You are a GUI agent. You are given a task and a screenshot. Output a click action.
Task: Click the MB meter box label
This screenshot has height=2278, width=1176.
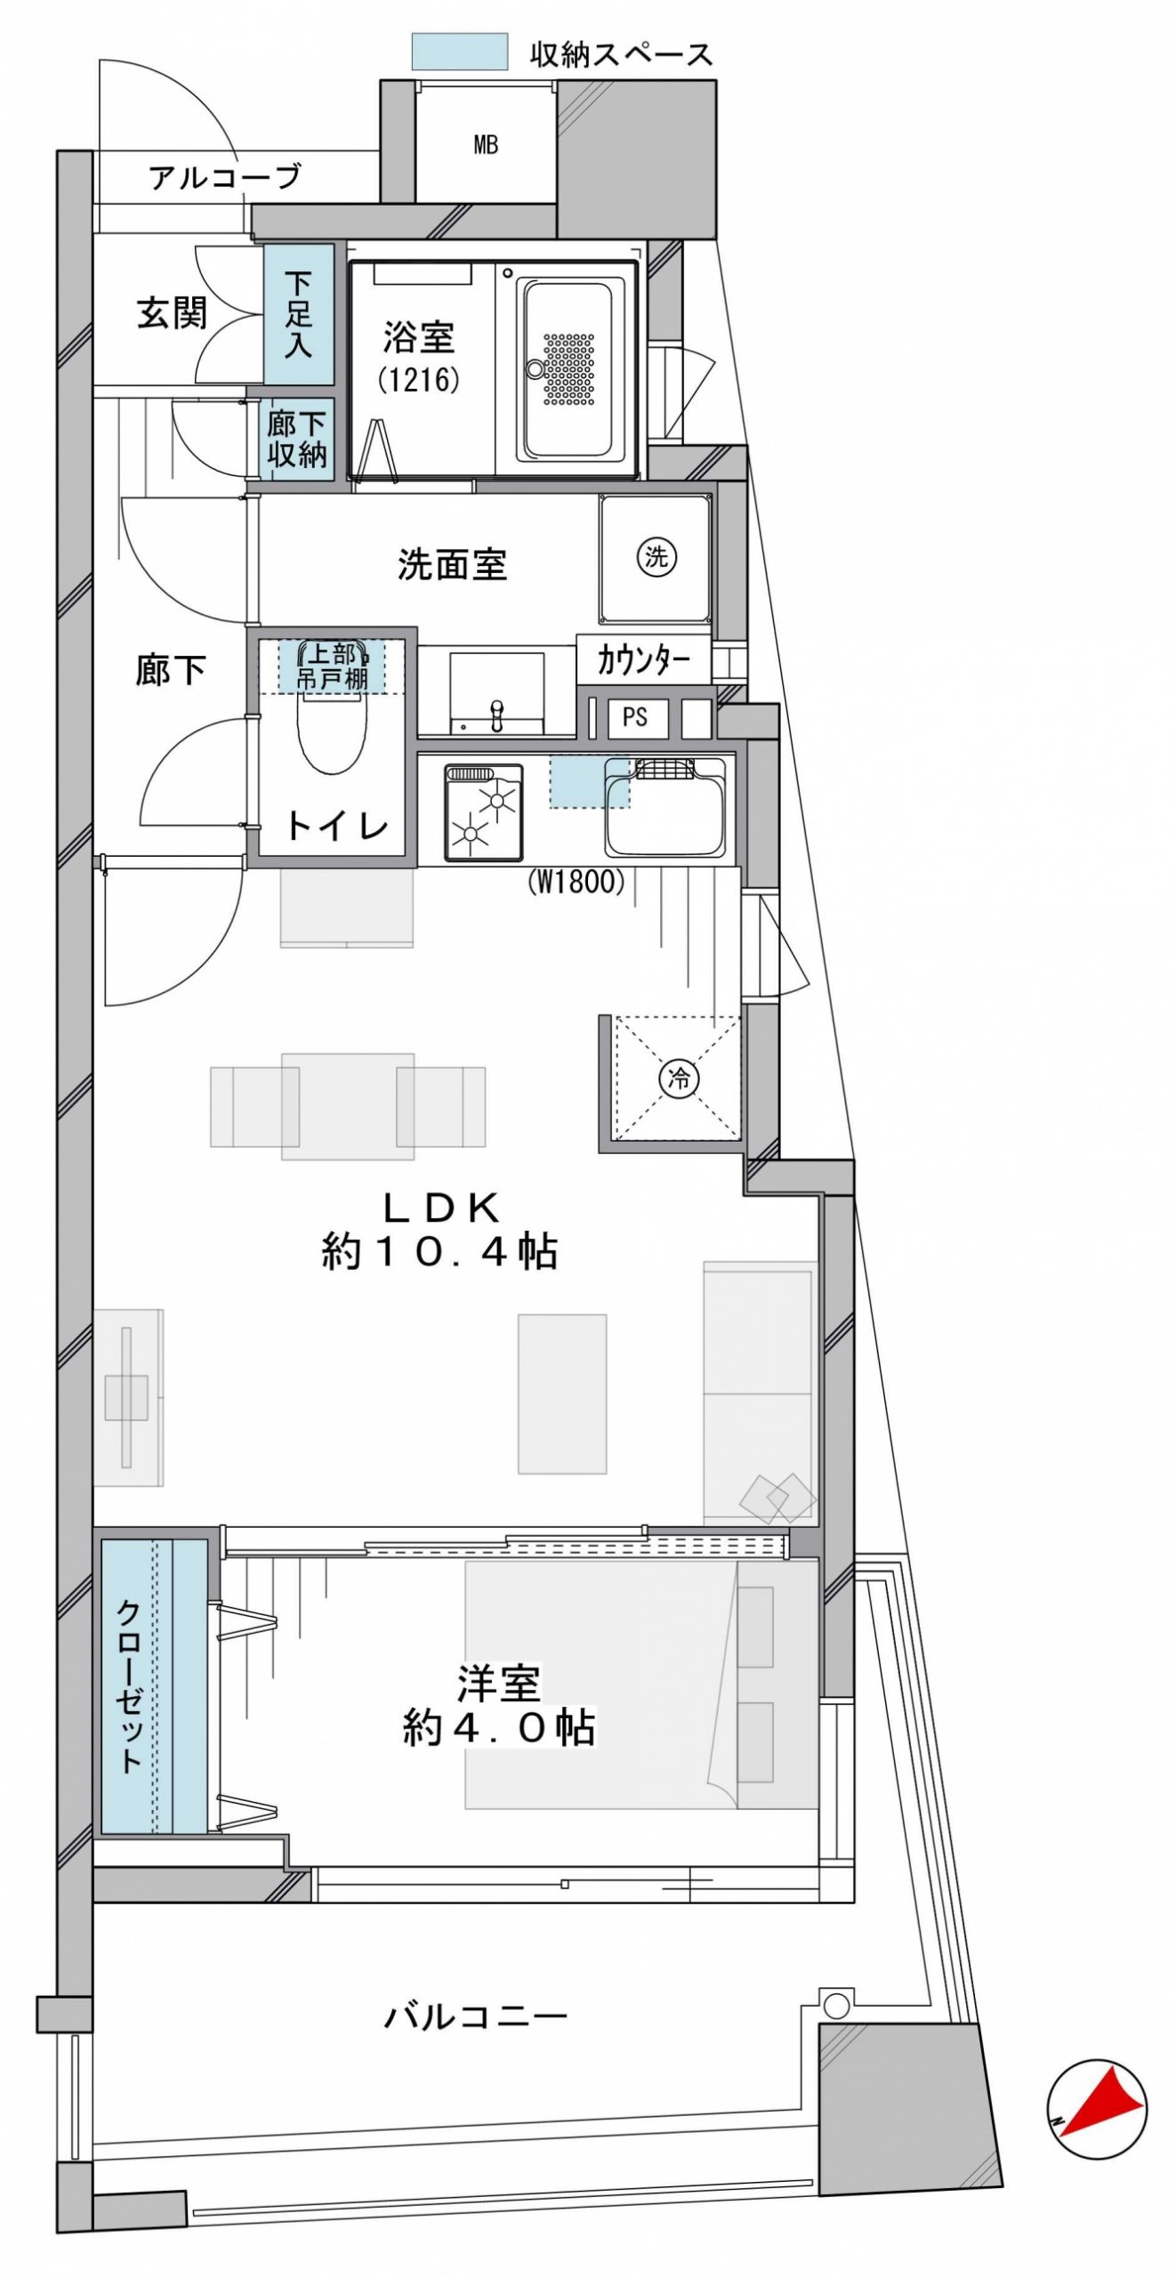486,144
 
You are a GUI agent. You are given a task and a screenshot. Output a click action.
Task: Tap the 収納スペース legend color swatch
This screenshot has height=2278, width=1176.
459,52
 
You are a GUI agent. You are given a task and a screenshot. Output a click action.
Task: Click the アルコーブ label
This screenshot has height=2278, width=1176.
225,177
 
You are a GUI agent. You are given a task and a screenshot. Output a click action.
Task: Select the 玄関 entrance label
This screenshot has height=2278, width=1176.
172,313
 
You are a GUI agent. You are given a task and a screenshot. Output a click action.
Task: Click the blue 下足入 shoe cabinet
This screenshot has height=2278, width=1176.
299,314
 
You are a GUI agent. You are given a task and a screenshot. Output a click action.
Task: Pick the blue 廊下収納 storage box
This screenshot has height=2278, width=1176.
298,440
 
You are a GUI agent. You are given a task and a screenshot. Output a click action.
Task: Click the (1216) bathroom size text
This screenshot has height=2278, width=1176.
418,381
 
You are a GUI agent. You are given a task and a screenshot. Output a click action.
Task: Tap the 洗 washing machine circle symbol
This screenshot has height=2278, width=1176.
656,557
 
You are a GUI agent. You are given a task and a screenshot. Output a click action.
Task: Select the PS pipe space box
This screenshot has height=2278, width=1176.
636,717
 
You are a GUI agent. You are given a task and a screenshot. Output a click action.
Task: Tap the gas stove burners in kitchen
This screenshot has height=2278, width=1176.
484,812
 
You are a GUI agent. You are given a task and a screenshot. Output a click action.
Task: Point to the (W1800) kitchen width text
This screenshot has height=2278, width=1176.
576,882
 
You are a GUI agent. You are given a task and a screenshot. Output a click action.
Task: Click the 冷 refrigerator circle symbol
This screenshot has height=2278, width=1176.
679,1079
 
